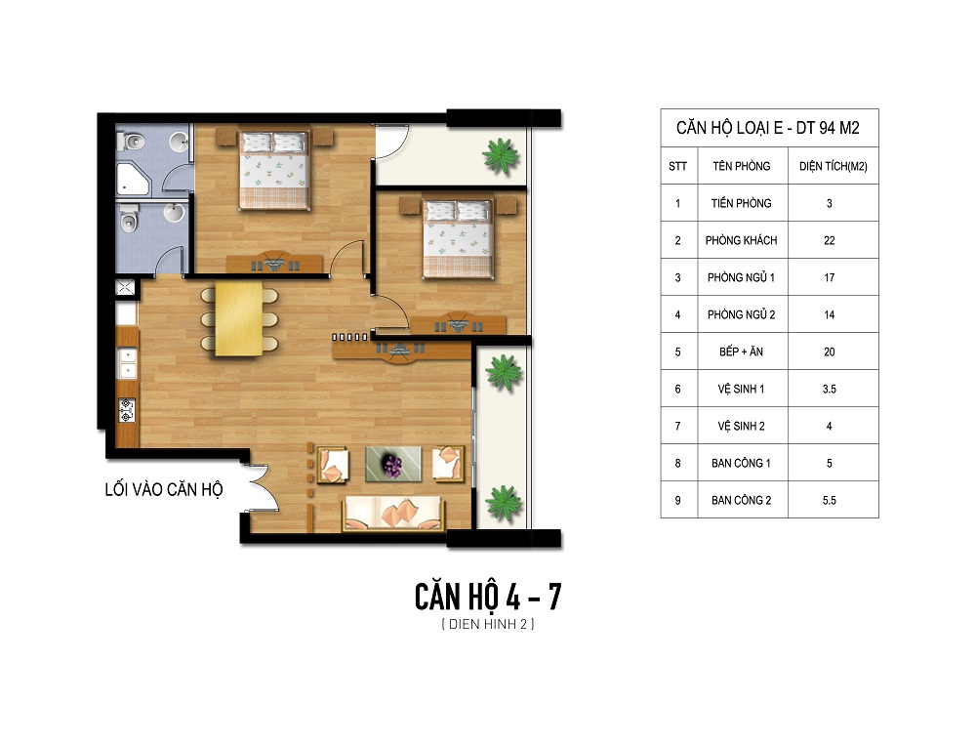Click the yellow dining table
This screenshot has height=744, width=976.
(x=239, y=318)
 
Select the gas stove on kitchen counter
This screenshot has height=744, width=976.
(x=126, y=410)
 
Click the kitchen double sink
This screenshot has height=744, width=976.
(x=128, y=363)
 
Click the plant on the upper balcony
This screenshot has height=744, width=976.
(x=500, y=154)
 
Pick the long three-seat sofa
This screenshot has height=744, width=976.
(x=392, y=513)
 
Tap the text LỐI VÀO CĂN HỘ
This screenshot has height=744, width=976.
(x=164, y=490)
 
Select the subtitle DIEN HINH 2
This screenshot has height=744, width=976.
(x=488, y=624)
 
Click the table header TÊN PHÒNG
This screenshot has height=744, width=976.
(x=742, y=166)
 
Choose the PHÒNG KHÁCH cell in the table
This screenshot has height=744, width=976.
(x=742, y=240)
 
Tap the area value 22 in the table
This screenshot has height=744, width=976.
(x=829, y=240)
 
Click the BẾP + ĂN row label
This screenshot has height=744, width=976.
(x=742, y=351)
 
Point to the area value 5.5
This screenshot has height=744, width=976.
(x=829, y=501)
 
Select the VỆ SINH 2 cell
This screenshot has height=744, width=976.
(x=742, y=427)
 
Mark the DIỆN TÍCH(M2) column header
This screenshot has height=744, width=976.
(x=834, y=166)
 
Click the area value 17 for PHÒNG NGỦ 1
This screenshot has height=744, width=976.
(x=829, y=277)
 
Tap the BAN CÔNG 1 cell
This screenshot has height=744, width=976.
(x=742, y=463)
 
